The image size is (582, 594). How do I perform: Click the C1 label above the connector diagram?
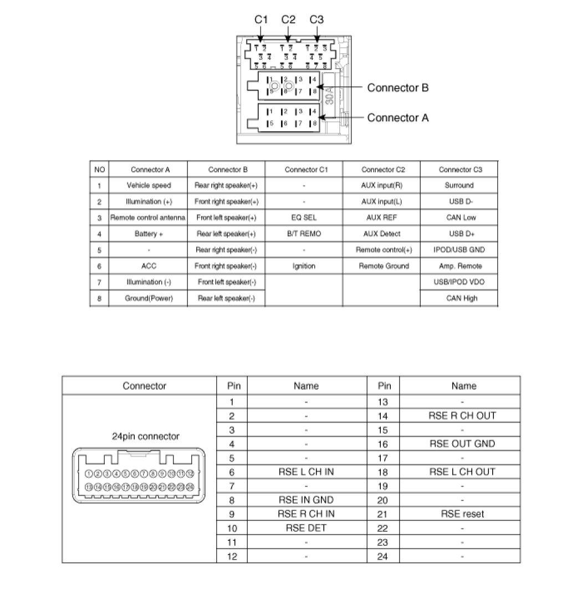(261, 19)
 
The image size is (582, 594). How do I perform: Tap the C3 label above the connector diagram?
(316, 19)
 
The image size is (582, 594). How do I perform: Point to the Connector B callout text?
(397, 88)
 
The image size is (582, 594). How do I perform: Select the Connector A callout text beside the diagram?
(397, 117)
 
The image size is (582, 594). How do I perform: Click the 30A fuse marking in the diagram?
(329, 96)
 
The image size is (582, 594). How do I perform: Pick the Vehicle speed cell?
(149, 186)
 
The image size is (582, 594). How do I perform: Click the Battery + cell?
(149, 234)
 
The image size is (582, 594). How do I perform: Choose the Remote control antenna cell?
(149, 218)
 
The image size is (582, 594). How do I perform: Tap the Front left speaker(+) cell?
(226, 218)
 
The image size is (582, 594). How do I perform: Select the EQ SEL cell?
(304, 218)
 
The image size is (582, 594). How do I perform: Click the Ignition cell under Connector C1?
(304, 266)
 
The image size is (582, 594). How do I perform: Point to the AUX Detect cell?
(381, 234)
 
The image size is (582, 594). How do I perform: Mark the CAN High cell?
(460, 298)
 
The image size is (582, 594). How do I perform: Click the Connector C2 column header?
(381, 170)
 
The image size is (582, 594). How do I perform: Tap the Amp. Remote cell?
(460, 266)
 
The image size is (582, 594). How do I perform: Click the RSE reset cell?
(462, 514)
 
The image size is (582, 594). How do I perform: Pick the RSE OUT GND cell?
(462, 443)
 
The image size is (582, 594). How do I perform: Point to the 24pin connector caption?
(145, 437)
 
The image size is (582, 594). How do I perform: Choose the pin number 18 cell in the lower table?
(383, 472)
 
